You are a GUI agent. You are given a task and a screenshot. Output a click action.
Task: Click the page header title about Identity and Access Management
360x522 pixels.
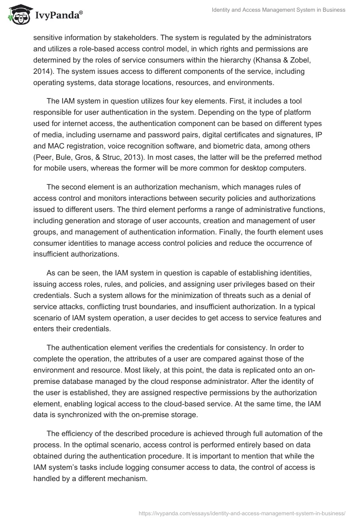[279, 10]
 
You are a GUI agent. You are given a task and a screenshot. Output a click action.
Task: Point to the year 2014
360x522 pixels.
[41, 71]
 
